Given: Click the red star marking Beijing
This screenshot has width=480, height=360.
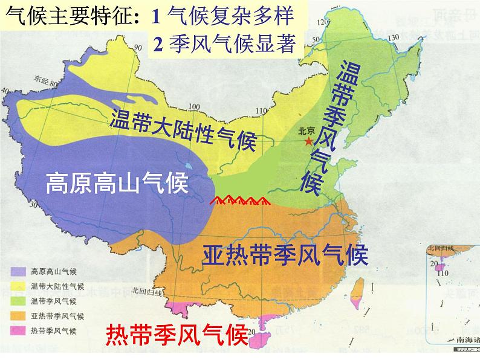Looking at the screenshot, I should point(309,141).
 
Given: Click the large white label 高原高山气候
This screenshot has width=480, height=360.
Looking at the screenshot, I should point(117,183).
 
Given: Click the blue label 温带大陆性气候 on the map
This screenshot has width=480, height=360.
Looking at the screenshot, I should point(183,129).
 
